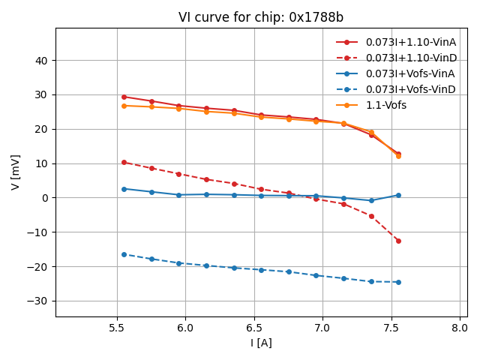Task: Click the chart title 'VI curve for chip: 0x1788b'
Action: pos(260,17)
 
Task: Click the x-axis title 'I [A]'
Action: pos(261,343)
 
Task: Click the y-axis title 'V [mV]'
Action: pos(16,172)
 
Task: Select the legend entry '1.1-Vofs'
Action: pos(385,105)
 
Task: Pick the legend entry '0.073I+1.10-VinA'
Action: pos(410,42)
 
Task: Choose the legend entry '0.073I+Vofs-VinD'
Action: pos(410,89)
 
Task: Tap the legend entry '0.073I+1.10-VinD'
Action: pos(410,58)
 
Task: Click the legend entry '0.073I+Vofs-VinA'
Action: pos(410,73)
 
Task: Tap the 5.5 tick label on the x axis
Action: pos(117,328)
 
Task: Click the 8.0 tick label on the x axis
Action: pos(460,328)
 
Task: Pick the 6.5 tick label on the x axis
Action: pos(254,328)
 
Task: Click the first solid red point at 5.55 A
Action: pos(124,97)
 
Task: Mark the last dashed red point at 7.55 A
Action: pos(398,241)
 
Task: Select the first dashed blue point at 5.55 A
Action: pos(124,254)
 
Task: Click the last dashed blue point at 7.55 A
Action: pos(398,282)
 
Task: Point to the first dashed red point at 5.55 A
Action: pos(124,162)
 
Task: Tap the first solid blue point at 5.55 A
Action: pos(124,189)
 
